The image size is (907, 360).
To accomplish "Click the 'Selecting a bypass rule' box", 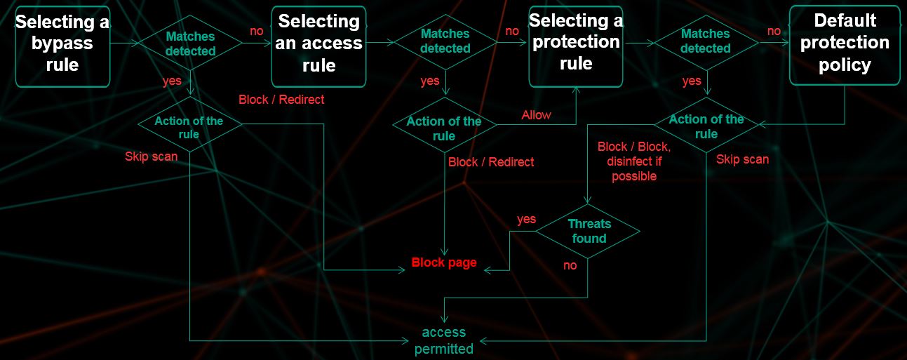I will coord(62,44).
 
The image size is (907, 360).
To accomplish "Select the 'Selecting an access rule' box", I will coord(319,44).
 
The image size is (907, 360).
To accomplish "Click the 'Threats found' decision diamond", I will coord(589,231).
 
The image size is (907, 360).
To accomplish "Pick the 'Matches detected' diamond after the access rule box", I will coord(445,41).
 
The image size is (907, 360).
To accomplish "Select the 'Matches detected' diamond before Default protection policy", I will coord(706,41).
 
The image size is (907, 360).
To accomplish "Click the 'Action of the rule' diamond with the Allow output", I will coord(444,128).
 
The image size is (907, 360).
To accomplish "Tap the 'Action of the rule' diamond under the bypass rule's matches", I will coord(189,128).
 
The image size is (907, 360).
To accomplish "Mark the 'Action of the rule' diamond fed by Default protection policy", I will coord(706,126).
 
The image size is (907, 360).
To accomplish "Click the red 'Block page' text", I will coord(444,262).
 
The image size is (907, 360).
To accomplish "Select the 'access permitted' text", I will coord(444,340).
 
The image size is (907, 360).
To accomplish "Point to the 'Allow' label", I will coord(537,114).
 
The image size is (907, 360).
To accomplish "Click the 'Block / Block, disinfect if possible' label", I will coord(634,161).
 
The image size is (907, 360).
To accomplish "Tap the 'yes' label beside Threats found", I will coord(526,219).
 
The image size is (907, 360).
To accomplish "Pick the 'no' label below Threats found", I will coord(570,265).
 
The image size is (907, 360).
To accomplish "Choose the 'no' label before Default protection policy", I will coord(774,31).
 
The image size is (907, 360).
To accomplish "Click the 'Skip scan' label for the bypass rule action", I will coord(151,156).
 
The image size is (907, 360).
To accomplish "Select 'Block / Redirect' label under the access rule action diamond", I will coord(491,162).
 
